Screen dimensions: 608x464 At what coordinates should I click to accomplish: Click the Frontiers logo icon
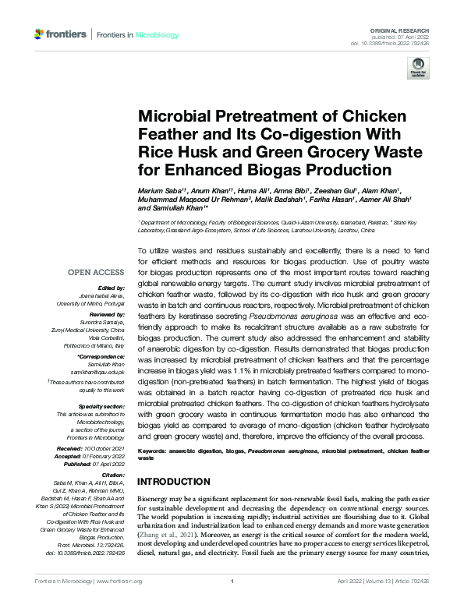click(x=40, y=34)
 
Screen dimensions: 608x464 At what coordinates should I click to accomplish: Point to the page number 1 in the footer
click(x=232, y=603)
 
